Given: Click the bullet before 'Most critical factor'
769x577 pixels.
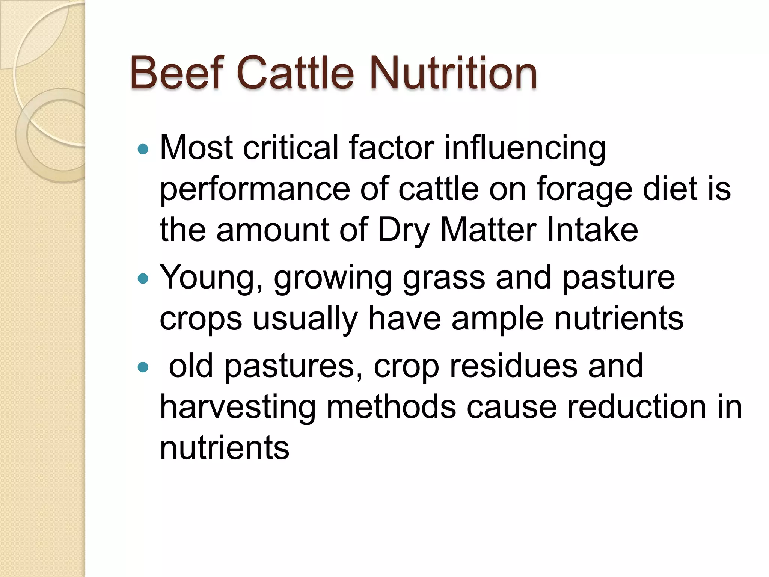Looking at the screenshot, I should pos(143,150).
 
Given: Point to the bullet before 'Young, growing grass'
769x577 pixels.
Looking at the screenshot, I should pos(143,279).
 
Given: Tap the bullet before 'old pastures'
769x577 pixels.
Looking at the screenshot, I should pos(143,367).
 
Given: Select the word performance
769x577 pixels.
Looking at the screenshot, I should pos(255,189).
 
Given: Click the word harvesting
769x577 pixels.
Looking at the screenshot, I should pos(238,408).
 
